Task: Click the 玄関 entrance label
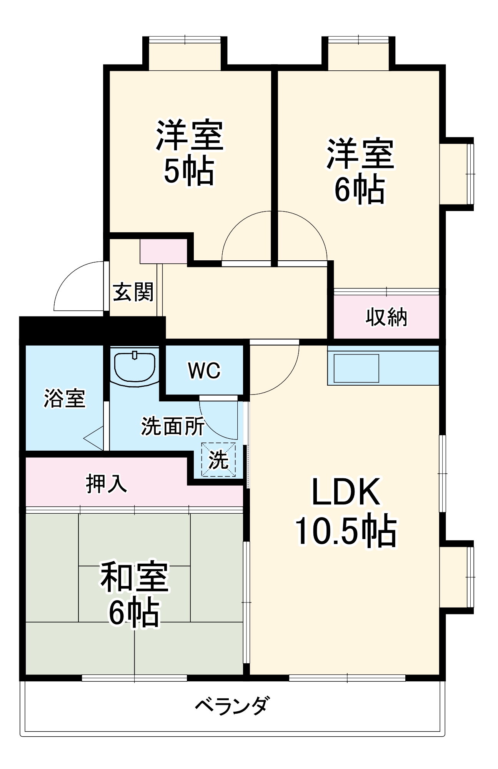point(133,292)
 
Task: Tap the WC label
point(204,371)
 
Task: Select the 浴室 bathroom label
point(64,398)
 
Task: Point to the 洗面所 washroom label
point(173,426)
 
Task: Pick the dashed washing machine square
point(218,459)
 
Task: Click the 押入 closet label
point(106,483)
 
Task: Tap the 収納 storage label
point(386,317)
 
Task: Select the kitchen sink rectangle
point(356,368)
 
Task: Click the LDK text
point(346,492)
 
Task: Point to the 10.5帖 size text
point(345,531)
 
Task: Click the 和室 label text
point(134,578)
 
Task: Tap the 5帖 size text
point(189,171)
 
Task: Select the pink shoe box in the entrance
point(163,251)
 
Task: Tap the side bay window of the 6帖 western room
point(457,174)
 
